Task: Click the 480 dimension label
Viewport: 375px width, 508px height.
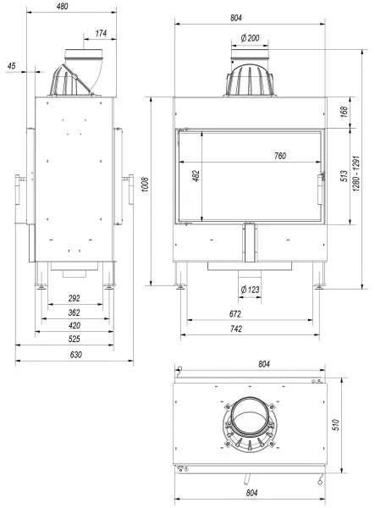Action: tap(62, 6)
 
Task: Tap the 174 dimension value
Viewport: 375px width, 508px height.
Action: tap(101, 33)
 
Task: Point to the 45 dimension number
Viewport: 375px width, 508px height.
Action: tap(11, 66)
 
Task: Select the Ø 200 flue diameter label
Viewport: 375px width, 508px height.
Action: tap(250, 38)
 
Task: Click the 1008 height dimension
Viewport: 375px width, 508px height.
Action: tap(146, 185)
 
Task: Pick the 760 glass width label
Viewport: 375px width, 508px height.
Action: tap(280, 156)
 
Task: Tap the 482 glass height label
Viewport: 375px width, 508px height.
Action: tap(196, 175)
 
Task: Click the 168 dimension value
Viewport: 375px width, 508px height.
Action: tap(344, 112)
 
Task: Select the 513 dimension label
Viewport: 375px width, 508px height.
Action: tap(344, 176)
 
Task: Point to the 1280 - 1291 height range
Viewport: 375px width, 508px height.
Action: tap(356, 174)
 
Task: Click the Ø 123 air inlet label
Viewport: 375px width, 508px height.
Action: tap(250, 289)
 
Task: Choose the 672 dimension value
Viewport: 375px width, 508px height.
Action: tap(235, 313)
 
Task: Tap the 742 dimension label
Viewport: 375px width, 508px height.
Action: tap(236, 329)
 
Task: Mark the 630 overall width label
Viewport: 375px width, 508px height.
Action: tap(76, 355)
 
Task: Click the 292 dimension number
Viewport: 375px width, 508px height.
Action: tap(74, 298)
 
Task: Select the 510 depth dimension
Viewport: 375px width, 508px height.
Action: tap(336, 425)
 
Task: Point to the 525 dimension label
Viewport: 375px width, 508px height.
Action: tap(74, 339)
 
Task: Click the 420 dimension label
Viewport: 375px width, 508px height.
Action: tap(74, 325)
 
